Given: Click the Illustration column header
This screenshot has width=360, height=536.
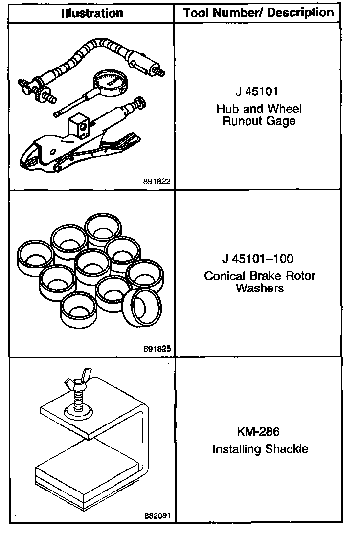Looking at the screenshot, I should point(92,13).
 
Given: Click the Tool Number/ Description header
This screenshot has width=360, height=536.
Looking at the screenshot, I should point(259,13).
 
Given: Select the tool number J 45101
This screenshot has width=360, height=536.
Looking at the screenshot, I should point(259,91).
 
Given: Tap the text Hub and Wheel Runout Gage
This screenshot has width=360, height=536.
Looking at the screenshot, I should point(259,114).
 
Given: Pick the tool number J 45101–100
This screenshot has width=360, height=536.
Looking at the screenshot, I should point(259,258).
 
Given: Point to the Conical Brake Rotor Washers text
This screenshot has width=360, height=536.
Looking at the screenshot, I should point(260,282).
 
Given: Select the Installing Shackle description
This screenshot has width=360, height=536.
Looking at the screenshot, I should point(260,449).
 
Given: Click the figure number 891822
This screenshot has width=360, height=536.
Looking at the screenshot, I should point(157,181).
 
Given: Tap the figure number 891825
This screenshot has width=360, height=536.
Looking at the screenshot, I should point(157,349).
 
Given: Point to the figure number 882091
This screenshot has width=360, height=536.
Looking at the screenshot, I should point(157,516).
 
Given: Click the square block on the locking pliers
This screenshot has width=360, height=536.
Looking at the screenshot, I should point(78,124).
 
